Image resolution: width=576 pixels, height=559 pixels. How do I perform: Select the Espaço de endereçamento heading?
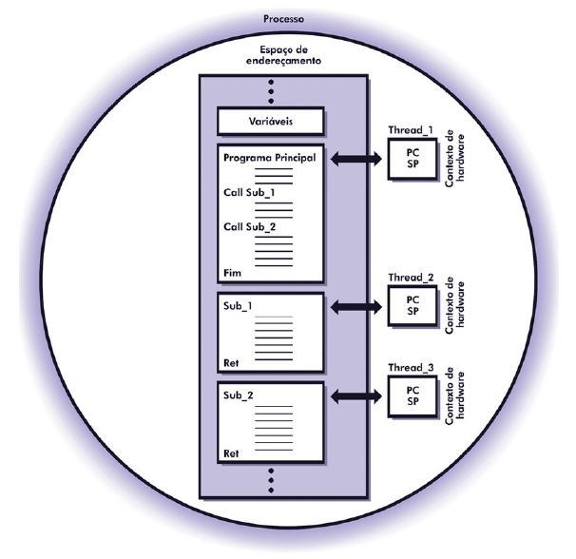coord(286,53)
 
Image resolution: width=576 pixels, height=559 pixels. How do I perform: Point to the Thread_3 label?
coord(411,364)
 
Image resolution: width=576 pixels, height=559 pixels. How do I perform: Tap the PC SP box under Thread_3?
coord(411,393)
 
